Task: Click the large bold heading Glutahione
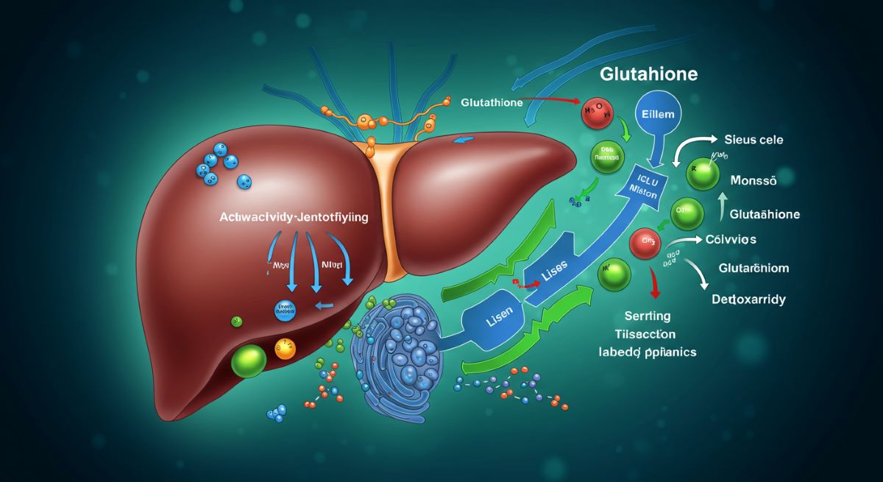(648, 75)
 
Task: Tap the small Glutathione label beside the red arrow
(492, 103)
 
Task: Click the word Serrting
(642, 316)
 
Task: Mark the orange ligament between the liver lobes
(394, 206)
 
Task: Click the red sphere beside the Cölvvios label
(645, 243)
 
